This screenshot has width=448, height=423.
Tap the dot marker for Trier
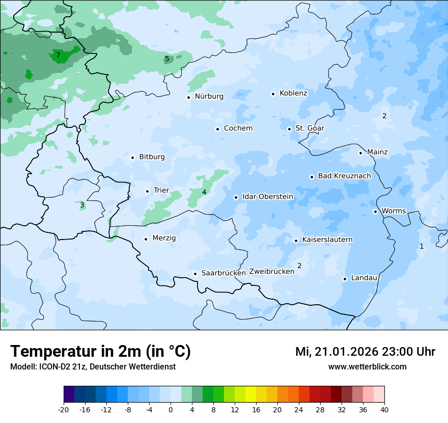pos(148,191)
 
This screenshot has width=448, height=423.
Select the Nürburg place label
pos(209,96)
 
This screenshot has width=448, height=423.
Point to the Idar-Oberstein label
pos(267,197)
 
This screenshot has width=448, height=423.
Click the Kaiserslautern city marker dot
pos(296,241)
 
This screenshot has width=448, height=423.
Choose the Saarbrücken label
pos(223,273)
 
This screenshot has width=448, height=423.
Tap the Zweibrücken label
pos(271,272)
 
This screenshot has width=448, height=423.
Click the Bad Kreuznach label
pos(344,176)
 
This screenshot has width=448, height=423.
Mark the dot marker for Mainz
pos(361,153)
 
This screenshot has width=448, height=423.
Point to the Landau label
pos(364,278)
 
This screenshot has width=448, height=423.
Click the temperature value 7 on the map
pos(58,55)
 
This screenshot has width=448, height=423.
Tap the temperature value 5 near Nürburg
pos(167,59)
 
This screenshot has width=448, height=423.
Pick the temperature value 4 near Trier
pos(204,192)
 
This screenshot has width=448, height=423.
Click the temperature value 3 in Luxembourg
pos(82,205)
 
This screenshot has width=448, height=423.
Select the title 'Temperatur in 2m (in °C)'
pos(100,352)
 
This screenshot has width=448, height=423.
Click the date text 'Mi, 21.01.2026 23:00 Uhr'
pos(365,352)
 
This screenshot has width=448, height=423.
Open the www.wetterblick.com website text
pos(367,367)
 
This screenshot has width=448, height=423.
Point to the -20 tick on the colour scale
pos(64,410)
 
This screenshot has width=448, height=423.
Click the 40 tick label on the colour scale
pos(384,410)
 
